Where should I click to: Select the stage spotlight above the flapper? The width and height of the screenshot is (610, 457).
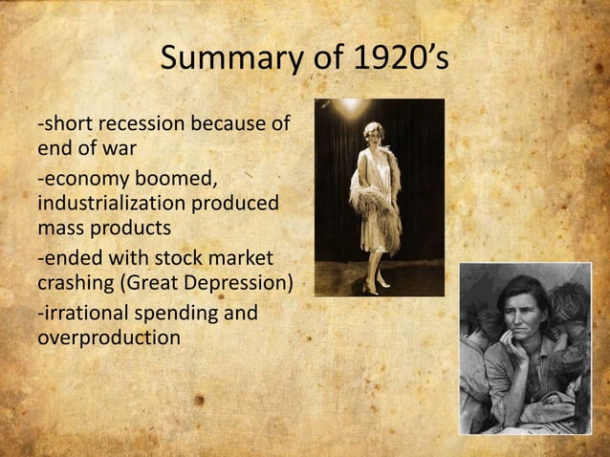click(x=352, y=104)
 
